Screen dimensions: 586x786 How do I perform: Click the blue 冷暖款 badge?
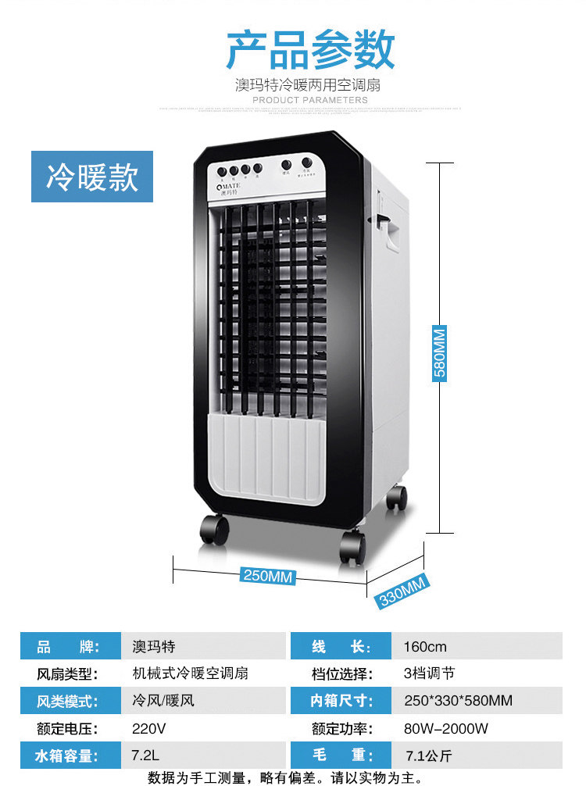92,177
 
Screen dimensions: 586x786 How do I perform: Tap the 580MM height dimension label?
440,352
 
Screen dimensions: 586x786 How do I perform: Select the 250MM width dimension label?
268,576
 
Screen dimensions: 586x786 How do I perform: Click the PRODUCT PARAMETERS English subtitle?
310,100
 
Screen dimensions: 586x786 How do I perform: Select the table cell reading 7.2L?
144,756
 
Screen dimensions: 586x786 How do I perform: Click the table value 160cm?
425,646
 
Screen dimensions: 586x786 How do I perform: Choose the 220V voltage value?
149,728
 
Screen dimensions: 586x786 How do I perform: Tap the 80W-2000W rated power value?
445,728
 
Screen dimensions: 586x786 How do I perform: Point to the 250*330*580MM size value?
458,701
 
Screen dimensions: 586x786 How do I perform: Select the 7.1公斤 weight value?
428,756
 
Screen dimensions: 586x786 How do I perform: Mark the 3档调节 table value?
429,673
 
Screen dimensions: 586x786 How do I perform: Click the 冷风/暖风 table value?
163,701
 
